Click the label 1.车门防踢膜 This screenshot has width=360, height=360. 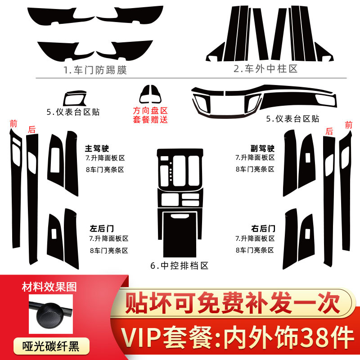click(95, 70)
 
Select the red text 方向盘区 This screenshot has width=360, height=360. click(150, 110)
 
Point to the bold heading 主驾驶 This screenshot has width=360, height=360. click(98, 148)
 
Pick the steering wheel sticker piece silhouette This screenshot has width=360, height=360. click(150, 94)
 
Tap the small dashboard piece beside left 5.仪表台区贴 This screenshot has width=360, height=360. click(77, 99)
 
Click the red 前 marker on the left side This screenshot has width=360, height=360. click(13, 124)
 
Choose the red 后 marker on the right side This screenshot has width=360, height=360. click(330, 131)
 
